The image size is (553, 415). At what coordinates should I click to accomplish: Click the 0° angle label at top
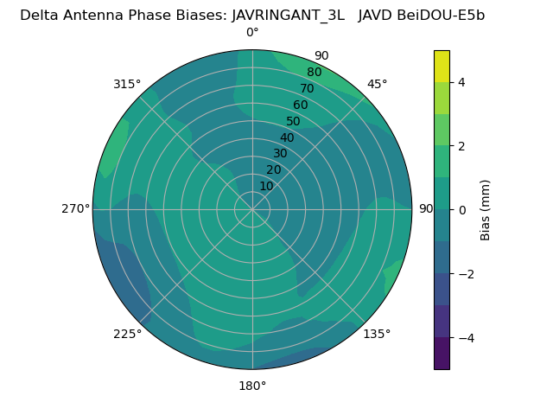click(x=252, y=33)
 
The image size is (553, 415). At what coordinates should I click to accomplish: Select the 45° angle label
click(x=377, y=84)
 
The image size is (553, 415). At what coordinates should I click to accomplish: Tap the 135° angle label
click(x=377, y=334)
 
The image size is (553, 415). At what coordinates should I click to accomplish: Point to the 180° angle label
click(x=252, y=386)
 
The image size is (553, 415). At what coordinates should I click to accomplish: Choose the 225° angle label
click(x=127, y=334)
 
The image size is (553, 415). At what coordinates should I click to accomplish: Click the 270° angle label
click(x=75, y=209)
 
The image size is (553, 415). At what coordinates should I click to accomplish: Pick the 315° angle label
click(x=127, y=84)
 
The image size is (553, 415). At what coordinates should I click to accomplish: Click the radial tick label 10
click(x=266, y=186)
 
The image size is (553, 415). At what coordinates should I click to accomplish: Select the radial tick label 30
click(x=280, y=154)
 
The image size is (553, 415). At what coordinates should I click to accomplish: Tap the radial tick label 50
click(x=294, y=122)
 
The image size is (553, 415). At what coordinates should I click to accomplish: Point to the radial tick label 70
click(x=307, y=89)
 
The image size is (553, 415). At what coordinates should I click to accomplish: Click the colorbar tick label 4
click(x=461, y=82)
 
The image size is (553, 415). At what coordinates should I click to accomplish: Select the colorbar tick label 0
click(x=461, y=210)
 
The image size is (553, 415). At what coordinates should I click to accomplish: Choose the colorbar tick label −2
click(x=465, y=274)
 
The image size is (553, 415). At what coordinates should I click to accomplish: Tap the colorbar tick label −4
click(x=465, y=338)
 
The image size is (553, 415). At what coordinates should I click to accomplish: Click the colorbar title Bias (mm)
click(x=486, y=210)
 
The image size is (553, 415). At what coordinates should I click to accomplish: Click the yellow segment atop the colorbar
click(x=442, y=66)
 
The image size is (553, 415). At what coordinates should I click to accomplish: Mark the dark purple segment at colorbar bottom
click(x=442, y=354)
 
